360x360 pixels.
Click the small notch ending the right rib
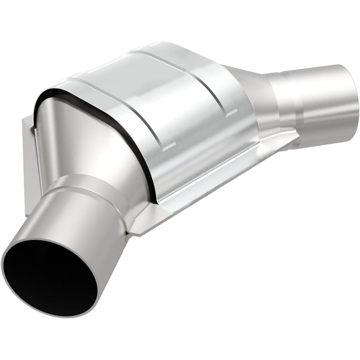(x=231, y=111)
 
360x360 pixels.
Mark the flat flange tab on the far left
(x=28, y=154)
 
